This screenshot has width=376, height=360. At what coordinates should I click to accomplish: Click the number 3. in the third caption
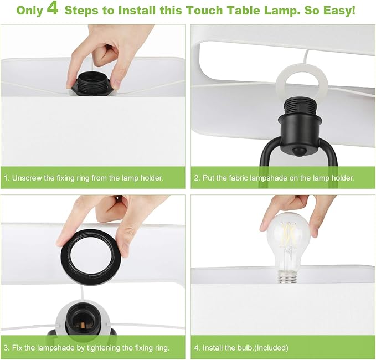pyautogui.click(x=7, y=347)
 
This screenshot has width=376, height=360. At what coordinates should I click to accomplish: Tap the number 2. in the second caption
pyautogui.click(x=197, y=178)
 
